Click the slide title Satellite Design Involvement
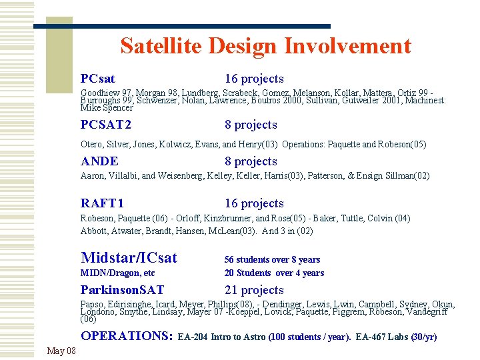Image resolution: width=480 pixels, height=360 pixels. point(265,46)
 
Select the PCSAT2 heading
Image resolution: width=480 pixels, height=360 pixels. point(106,125)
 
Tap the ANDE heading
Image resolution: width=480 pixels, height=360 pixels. point(99,161)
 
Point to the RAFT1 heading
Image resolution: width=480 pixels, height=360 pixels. point(102,203)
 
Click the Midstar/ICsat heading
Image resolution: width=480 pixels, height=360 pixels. point(129,258)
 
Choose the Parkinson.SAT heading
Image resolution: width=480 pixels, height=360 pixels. point(122,290)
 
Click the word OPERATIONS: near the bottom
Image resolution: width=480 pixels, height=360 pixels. point(127,336)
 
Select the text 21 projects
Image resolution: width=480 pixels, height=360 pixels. point(254,290)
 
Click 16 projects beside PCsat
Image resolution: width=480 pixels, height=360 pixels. point(254,79)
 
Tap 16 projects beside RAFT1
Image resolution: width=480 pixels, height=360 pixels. point(254,203)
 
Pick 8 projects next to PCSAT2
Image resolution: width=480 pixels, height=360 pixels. point(251,125)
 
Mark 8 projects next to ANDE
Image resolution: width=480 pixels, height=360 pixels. point(251,161)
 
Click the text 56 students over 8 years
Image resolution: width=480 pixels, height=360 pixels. point(272,259)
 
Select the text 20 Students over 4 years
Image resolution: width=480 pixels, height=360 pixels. point(274,273)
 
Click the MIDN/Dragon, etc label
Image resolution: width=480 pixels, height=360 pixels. point(117,273)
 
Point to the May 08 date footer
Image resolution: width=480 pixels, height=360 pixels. point(61,351)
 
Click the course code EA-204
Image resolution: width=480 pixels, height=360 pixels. point(193,337)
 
